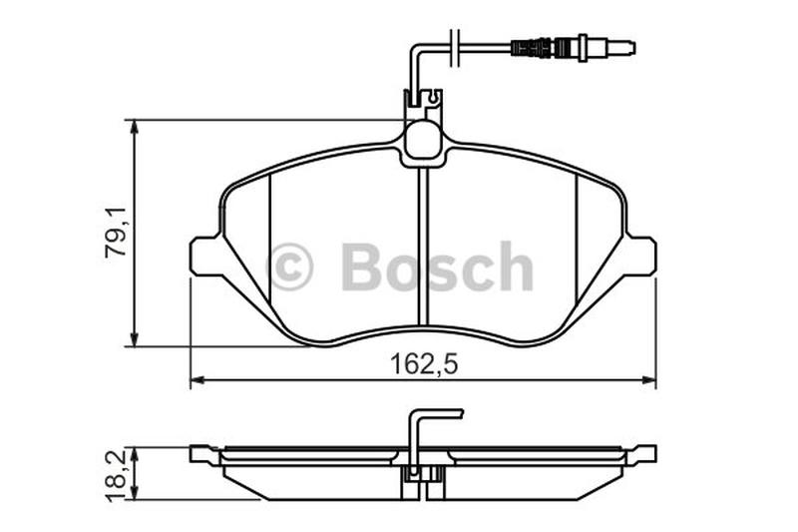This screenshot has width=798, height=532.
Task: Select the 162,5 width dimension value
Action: [x=424, y=364]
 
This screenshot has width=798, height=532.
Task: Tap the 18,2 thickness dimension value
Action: [x=117, y=477]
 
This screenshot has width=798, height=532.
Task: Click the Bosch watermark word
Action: [x=437, y=266]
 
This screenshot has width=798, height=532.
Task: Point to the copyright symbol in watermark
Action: [x=290, y=266]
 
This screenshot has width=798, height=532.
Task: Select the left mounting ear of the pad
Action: [x=205, y=257]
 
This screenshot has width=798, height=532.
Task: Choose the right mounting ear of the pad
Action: [x=640, y=257]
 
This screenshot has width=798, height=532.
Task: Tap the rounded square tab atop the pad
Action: [x=423, y=139]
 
